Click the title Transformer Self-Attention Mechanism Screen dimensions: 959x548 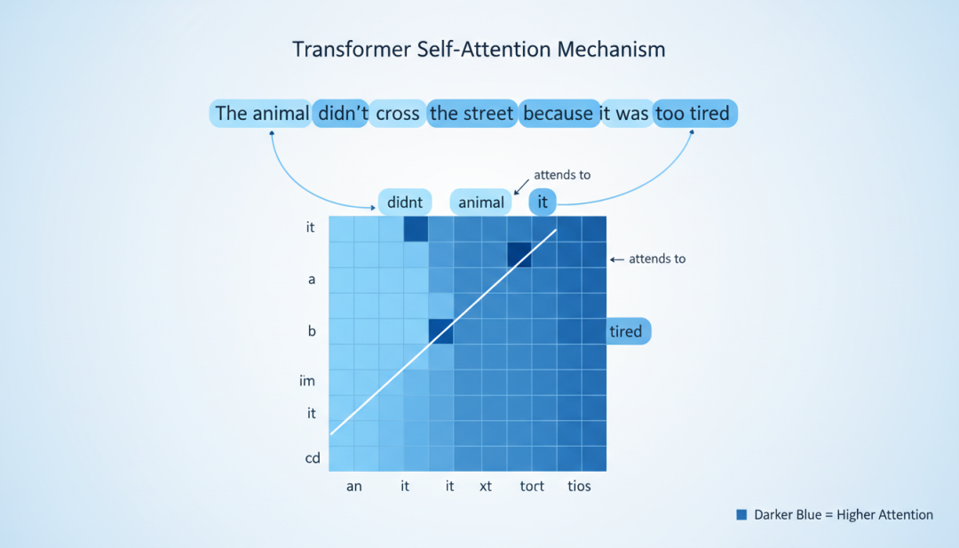pyautogui.click(x=479, y=49)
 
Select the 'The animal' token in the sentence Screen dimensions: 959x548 pyautogui.click(x=261, y=113)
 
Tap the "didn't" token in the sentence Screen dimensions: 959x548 pyautogui.click(x=341, y=113)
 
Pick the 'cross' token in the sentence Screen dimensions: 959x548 pyautogui.click(x=398, y=113)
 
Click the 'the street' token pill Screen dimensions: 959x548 pyautogui.click(x=472, y=113)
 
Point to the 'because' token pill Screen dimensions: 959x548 pyautogui.click(x=559, y=113)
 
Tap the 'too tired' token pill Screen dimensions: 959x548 pyautogui.click(x=694, y=113)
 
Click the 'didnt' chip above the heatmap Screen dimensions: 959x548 pyautogui.click(x=405, y=203)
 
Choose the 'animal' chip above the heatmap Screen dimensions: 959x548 pyautogui.click(x=480, y=203)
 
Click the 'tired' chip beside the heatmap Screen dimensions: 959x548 pyautogui.click(x=628, y=331)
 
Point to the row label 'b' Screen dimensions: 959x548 pyautogui.click(x=312, y=331)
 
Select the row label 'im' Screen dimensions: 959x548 pyautogui.click(x=307, y=381)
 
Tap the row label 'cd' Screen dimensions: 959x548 pyautogui.click(x=313, y=458)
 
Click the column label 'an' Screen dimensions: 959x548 pyautogui.click(x=354, y=486)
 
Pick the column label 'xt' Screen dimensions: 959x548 pyautogui.click(x=486, y=486)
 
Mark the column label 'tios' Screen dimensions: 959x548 pyautogui.click(x=579, y=486)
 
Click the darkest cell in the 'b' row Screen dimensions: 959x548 pyautogui.click(x=441, y=331)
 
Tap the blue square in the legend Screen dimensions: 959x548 pyautogui.click(x=741, y=515)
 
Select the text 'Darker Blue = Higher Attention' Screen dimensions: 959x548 pyautogui.click(x=844, y=515)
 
